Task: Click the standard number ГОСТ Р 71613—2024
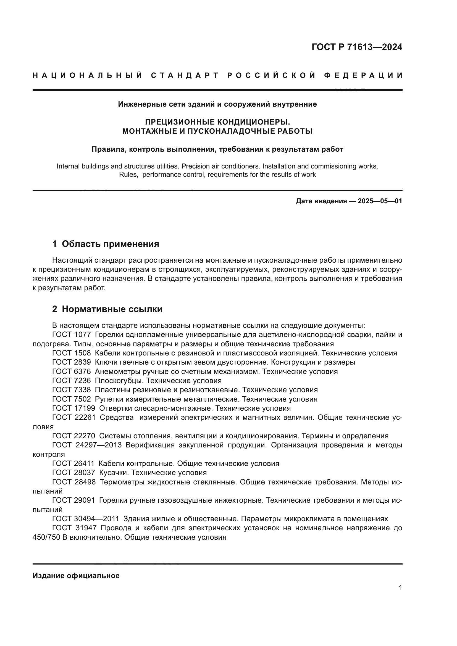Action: click(357, 47)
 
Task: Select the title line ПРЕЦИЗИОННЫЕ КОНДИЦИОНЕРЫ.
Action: click(217, 122)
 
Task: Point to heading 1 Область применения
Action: click(106, 244)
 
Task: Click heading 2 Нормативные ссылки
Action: click(107, 309)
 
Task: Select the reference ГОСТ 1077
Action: click(72, 335)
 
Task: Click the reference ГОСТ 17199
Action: click(74, 408)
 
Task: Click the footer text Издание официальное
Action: click(76, 576)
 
